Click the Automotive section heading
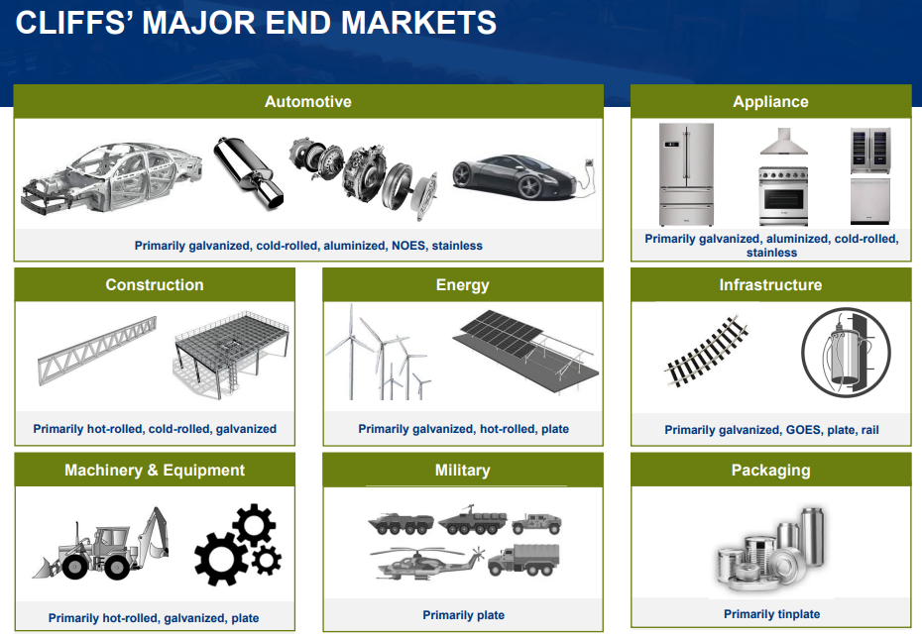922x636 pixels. click(x=308, y=102)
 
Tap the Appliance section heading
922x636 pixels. click(x=770, y=102)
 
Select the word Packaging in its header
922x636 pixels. click(x=771, y=471)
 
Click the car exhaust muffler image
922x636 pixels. click(x=247, y=171)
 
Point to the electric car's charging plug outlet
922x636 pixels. click(x=589, y=164)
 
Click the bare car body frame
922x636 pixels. click(x=112, y=177)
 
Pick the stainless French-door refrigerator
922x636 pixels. click(x=686, y=174)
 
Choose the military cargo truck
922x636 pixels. click(x=523, y=559)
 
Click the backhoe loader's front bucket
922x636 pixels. click(x=46, y=567)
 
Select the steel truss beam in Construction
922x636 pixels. click(x=97, y=351)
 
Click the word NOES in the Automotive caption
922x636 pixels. click(x=408, y=246)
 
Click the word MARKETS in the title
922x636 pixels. click(x=418, y=23)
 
